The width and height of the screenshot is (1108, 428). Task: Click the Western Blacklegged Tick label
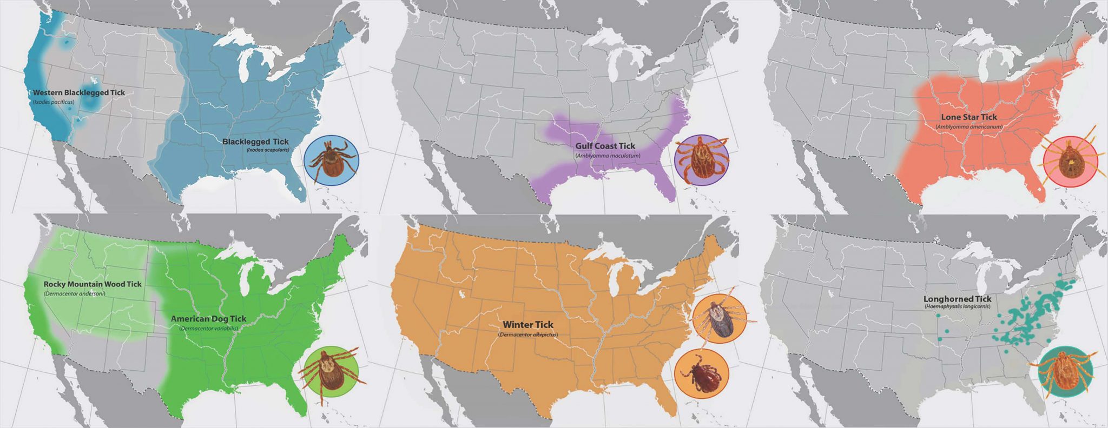tap(79, 92)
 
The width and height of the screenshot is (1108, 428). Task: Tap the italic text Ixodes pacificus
tap(54, 102)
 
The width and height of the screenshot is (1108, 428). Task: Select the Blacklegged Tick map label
tap(255, 142)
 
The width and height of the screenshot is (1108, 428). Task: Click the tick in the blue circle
tap(331, 160)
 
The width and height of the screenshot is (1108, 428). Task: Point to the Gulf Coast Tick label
tap(605, 146)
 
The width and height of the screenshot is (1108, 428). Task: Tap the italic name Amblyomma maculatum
tap(608, 156)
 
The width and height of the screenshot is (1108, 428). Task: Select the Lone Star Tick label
tap(969, 117)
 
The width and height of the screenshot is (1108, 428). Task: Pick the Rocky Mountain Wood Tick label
tap(93, 284)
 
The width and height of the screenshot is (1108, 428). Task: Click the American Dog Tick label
tap(208, 319)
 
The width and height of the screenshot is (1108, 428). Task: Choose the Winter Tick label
tap(528, 325)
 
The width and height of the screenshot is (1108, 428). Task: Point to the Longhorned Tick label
tap(957, 299)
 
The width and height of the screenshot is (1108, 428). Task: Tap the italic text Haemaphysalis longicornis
tap(957, 306)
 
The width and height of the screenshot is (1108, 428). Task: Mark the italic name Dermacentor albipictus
tap(527, 335)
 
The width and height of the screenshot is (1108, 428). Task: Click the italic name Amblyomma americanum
tap(969, 126)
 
